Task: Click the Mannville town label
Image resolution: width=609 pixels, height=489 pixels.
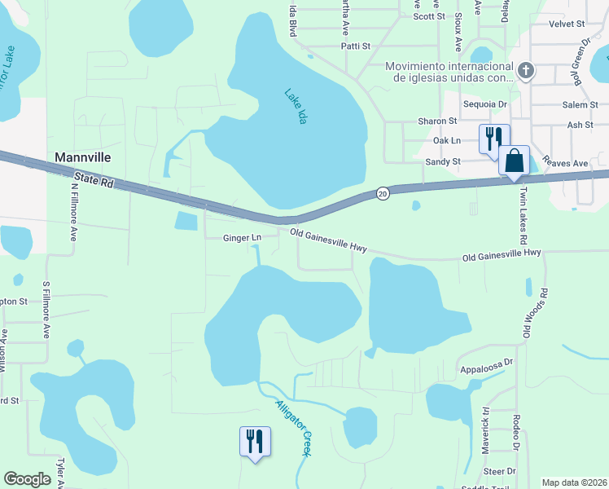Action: (x=82, y=156)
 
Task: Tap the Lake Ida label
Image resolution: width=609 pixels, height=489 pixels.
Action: (x=297, y=106)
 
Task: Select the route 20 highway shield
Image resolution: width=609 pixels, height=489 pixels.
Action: (x=383, y=193)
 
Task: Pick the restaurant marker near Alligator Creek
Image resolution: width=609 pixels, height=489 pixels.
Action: (x=255, y=442)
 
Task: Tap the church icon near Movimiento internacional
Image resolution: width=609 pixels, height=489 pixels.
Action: (x=526, y=71)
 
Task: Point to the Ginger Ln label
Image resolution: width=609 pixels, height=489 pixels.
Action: (x=242, y=238)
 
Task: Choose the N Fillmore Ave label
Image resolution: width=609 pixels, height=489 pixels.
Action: (x=73, y=210)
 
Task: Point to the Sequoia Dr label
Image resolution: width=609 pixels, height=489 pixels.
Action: (x=484, y=104)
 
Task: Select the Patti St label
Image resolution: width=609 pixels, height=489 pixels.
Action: (x=354, y=46)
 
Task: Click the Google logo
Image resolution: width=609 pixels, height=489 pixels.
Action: (x=27, y=479)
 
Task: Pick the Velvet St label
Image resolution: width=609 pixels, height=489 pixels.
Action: (x=567, y=25)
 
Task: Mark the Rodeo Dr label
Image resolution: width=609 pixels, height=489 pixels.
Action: (x=516, y=432)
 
